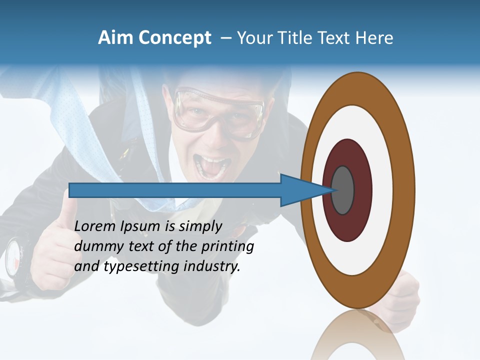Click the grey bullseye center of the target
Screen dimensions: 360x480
[x=342, y=190]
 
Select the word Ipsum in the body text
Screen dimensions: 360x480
[x=140, y=227]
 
